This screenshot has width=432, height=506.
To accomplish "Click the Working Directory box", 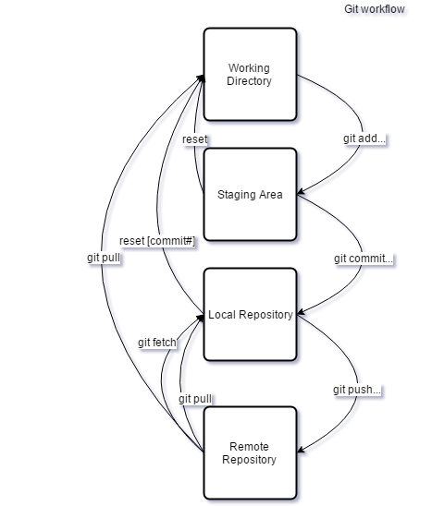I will tap(250, 74).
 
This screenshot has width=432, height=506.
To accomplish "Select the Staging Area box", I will tap(250, 195).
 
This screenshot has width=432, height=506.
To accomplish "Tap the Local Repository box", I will tap(250, 315).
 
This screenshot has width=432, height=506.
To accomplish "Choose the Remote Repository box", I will tap(250, 452).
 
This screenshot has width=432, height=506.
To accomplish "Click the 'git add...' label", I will tap(364, 139).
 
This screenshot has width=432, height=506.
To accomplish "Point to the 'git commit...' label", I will tap(364, 259).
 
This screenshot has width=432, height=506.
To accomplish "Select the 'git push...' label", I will tap(357, 390).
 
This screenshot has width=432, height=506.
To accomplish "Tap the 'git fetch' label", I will tap(156, 343).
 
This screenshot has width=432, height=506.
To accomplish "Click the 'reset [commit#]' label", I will tap(156, 241).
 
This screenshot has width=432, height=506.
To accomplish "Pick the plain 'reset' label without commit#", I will tap(195, 139).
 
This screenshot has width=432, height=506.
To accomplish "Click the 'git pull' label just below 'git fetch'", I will tap(195, 399).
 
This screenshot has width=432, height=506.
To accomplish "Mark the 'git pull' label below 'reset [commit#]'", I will tap(104, 259).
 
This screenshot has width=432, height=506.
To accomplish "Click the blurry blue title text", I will tap(376, 11).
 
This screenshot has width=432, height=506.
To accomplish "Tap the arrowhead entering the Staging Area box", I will tap(302, 195).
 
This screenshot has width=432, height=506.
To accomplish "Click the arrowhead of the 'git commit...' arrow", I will tap(302, 315).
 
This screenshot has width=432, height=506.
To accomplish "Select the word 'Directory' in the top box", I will tap(250, 81).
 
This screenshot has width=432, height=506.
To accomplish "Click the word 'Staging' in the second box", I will tap(237, 195).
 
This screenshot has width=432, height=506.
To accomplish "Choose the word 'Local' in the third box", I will tap(222, 315).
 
